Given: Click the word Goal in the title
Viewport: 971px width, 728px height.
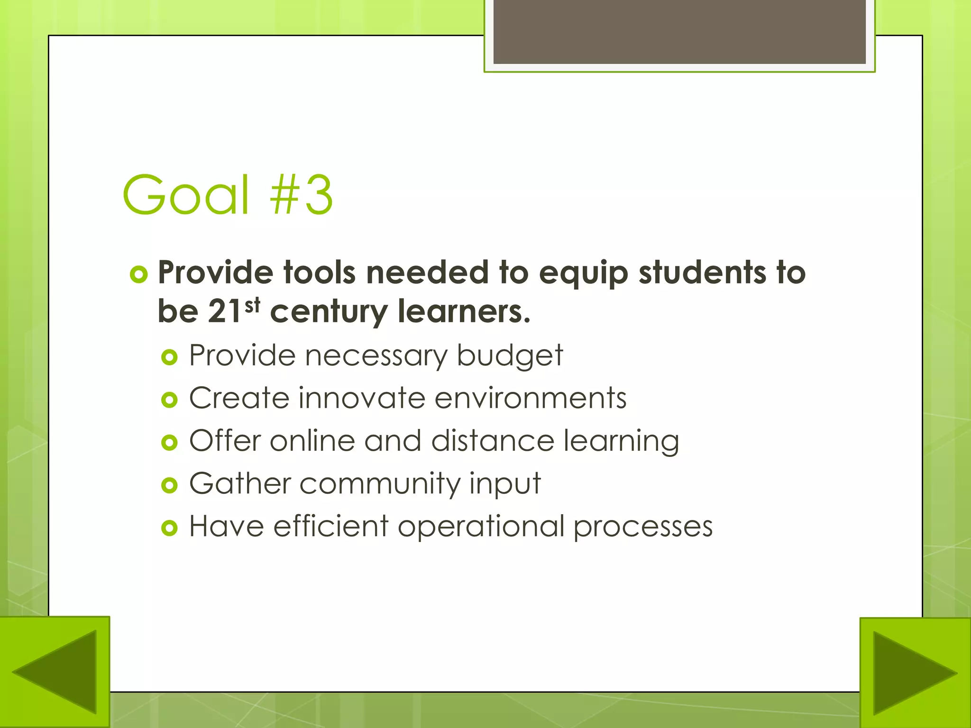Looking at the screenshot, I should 185,195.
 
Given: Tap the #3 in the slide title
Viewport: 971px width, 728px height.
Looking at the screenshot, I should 302,195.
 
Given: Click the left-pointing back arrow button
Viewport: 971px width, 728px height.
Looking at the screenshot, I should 55,672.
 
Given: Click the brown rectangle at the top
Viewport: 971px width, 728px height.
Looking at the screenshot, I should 679,32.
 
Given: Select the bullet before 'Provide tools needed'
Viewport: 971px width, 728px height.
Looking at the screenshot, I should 138,274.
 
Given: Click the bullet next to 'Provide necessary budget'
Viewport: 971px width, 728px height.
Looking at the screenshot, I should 169,357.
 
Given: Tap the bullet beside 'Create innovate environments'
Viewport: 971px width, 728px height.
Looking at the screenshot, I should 169,400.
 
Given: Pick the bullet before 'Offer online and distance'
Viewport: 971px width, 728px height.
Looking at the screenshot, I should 169,443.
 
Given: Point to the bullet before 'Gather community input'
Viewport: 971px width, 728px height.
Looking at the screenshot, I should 169,485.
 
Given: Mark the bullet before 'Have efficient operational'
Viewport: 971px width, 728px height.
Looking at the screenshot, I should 169,528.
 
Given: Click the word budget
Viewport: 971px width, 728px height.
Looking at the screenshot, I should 510,355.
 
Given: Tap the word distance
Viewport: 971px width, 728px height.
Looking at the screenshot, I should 493,441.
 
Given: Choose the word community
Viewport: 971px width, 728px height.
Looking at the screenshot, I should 379,484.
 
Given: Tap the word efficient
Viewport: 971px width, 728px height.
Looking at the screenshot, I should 331,526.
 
